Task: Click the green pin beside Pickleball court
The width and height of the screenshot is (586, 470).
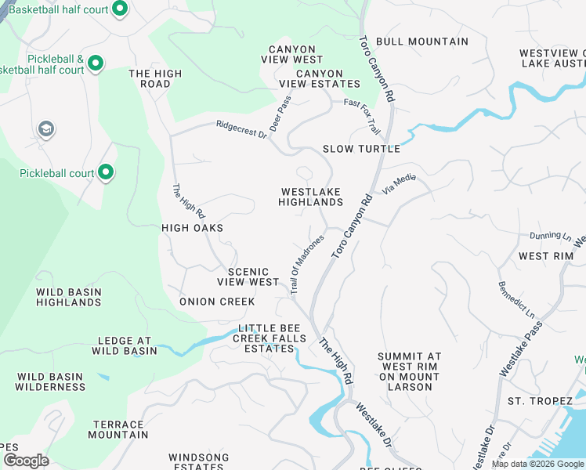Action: point(106,172)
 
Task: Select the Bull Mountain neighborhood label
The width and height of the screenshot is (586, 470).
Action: point(421,42)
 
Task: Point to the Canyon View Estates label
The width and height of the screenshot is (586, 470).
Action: point(320,78)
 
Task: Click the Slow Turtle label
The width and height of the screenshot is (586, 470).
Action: point(361,149)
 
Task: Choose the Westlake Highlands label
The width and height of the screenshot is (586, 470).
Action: point(311,197)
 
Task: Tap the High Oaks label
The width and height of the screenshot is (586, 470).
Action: point(192,228)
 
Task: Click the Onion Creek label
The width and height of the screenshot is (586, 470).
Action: point(217,302)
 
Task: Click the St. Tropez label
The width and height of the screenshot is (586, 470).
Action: point(539,401)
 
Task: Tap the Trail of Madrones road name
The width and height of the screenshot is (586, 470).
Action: point(306,265)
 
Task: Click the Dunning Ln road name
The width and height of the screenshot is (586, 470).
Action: point(550,235)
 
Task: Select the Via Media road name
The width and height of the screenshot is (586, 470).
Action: point(398,184)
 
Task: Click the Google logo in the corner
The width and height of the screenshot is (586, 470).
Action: point(26,460)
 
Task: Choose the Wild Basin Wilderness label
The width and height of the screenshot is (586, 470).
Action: point(51,381)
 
